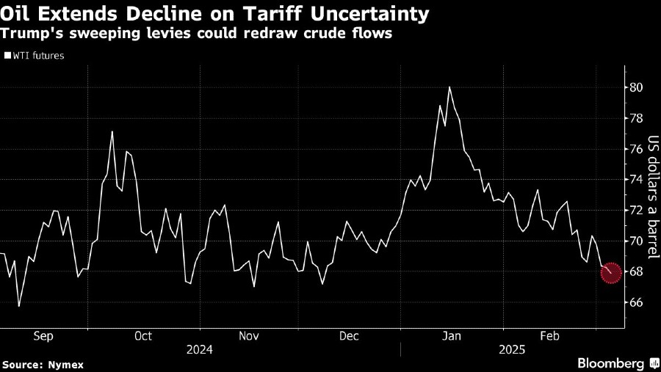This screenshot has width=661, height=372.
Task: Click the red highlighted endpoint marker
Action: pos(611,273)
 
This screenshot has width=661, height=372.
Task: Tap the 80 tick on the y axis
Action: pos(635,87)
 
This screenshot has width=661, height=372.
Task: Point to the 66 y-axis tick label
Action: pos(635,302)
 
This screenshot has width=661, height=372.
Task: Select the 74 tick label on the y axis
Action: pos(635,180)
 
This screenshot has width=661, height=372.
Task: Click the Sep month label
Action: pos(43,336)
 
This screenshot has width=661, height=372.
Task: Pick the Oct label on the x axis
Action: pos(143,336)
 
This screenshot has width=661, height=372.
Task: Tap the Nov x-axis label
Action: pos(249,336)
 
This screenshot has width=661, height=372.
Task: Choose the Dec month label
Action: pos(350,336)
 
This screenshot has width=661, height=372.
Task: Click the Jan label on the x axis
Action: pos(452,336)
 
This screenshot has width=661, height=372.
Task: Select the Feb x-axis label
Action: pos(550,336)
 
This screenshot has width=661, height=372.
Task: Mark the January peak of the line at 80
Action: pos(449,87)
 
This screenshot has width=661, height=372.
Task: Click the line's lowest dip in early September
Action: pos(18,305)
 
